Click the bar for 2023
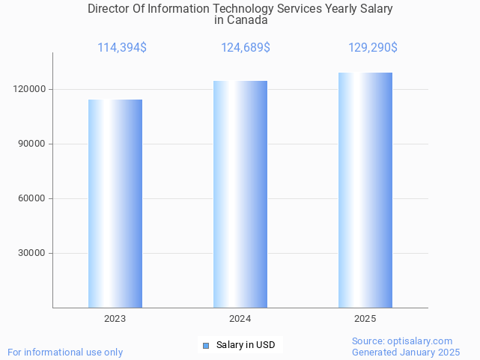(115, 204)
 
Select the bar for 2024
(240, 195)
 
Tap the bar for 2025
(365, 190)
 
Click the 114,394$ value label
(122, 48)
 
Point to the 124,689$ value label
(246, 48)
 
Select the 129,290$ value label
(372, 48)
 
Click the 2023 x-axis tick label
(115, 319)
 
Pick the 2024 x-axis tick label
(240, 319)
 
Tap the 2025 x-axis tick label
(365, 319)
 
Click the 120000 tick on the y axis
(32, 89)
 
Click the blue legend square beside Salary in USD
(206, 346)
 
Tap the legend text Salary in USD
(246, 345)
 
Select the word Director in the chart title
(109, 9)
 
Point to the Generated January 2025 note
(406, 352)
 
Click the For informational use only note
(65, 352)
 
